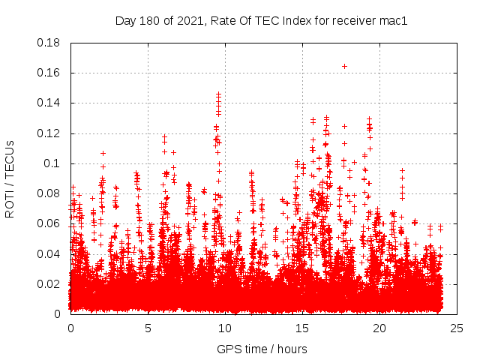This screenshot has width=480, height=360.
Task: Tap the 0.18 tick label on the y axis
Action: tap(50, 43)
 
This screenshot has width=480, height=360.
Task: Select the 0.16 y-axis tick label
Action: tap(50, 73)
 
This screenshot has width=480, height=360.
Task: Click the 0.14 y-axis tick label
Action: tap(50, 103)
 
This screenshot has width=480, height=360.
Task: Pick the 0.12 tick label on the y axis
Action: tap(50, 133)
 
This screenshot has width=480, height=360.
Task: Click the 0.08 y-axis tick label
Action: tap(50, 193)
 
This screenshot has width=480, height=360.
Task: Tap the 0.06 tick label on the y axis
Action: tap(50, 223)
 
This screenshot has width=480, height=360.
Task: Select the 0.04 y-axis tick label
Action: tap(50, 253)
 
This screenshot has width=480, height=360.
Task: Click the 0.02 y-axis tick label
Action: tap(50, 283)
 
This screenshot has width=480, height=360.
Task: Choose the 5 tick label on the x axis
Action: tap(148, 328)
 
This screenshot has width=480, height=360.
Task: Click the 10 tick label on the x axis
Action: tap(225, 328)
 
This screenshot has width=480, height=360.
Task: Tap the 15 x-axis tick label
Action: tap(302, 328)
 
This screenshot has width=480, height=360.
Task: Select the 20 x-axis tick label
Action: tap(379, 328)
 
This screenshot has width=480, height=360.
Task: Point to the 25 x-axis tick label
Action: tap(457, 328)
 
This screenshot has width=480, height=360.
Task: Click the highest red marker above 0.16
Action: tap(344, 66)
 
